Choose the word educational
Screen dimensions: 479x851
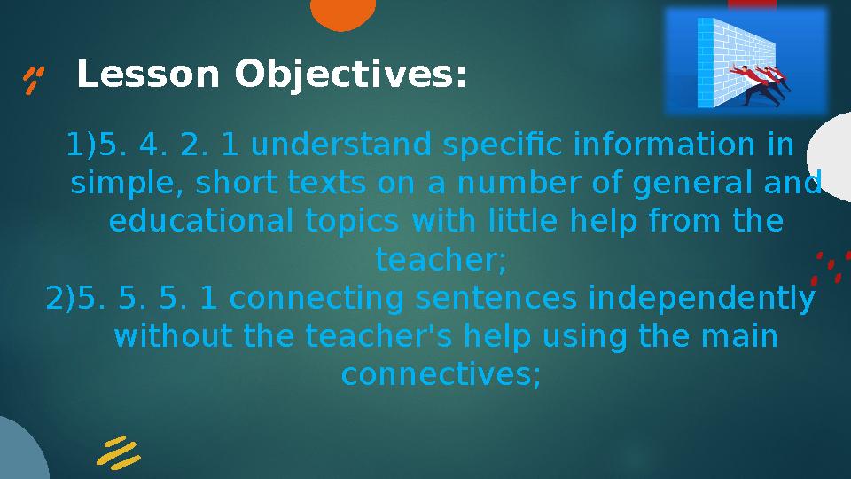pos(199,221)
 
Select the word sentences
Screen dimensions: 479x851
pos(482,299)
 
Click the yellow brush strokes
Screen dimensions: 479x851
pos(118,452)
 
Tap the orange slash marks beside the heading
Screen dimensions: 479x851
pos(35,79)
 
